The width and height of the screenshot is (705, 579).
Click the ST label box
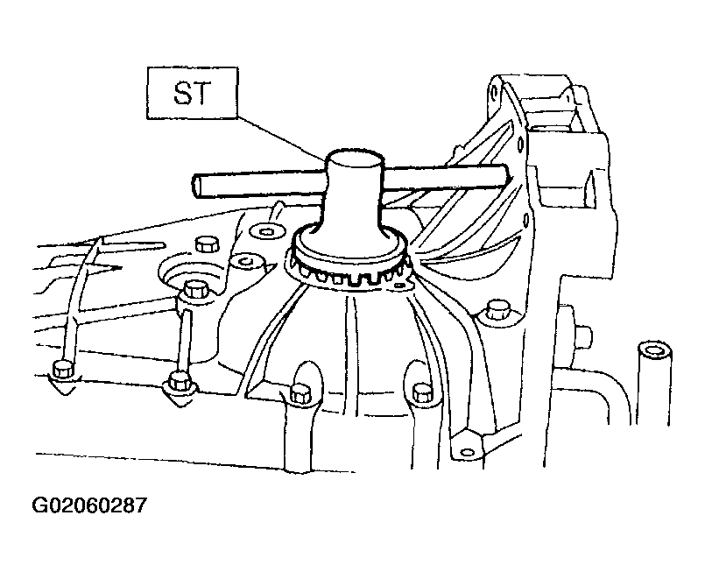pos(193,93)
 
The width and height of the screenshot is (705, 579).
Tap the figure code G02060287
pos(89,505)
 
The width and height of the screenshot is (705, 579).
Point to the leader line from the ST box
pos(281,138)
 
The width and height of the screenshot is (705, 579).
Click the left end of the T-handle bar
pos(197,186)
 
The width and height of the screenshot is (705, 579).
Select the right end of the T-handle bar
pos(505,175)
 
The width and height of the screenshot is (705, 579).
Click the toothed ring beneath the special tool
pos(349,265)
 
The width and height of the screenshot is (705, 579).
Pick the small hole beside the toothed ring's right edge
pos(398,284)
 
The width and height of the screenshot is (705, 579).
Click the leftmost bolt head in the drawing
pos(61,370)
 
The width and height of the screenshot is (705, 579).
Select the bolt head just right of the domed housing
pos(497,310)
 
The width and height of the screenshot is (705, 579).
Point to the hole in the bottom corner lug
pos(468,452)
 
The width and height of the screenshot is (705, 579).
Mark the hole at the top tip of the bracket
pos(495,93)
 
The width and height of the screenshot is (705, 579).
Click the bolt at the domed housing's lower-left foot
pos(300,394)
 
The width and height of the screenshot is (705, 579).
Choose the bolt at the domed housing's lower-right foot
pos(422,393)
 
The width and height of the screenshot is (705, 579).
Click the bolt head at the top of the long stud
pos(195,288)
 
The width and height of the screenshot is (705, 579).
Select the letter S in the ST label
pos(182,94)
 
